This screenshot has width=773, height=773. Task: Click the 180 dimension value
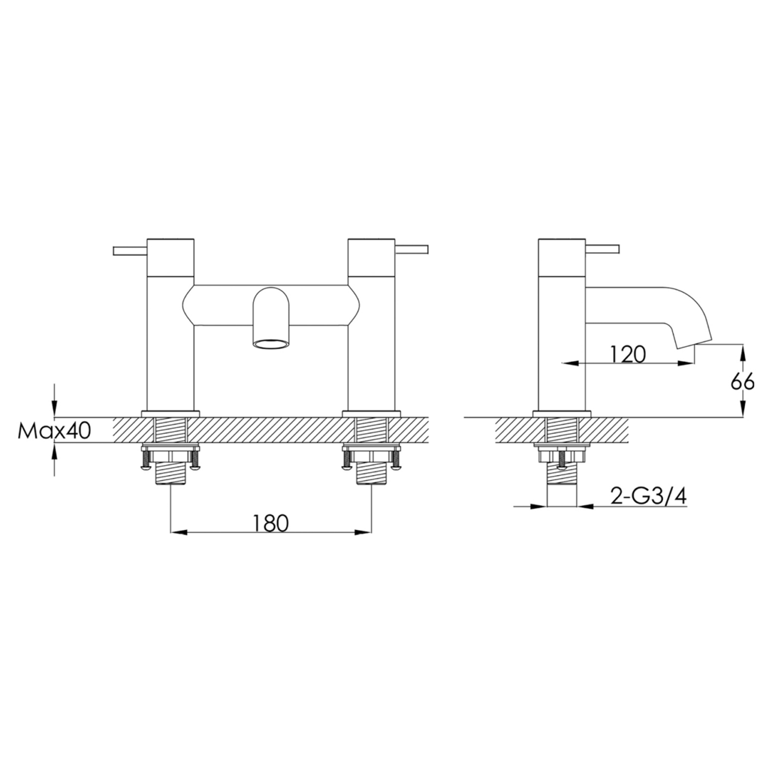[x=271, y=523]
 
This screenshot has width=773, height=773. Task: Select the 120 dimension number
[x=628, y=355]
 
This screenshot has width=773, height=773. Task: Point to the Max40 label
[x=54, y=431]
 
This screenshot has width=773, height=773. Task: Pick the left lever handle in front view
[x=130, y=250]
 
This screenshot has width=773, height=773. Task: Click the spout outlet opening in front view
[x=271, y=344]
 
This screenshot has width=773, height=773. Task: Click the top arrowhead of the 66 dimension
[x=743, y=350]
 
